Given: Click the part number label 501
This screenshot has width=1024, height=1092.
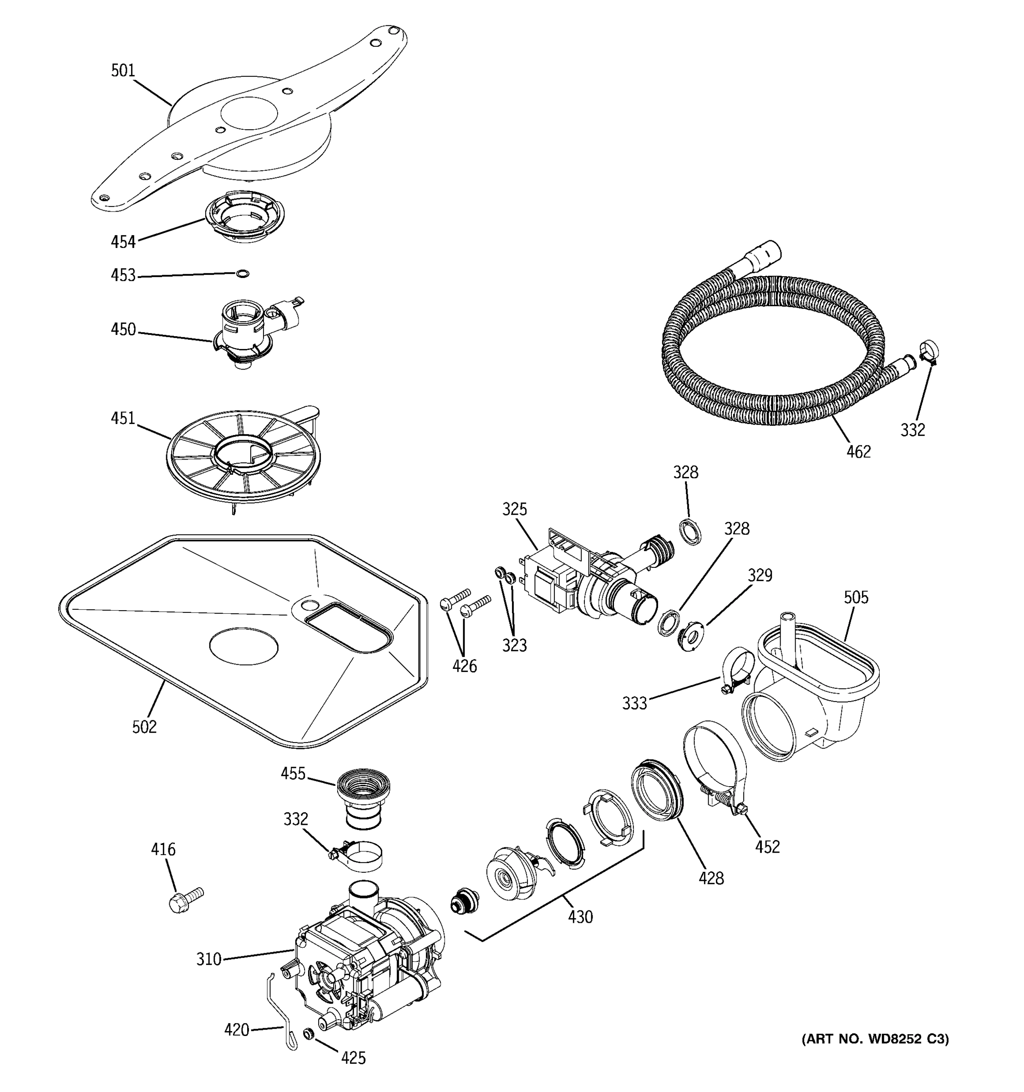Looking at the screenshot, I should pos(122,71).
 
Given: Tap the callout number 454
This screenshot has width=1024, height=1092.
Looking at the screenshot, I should pos(123,242).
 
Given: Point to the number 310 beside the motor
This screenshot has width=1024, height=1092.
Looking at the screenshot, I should pos(209,959).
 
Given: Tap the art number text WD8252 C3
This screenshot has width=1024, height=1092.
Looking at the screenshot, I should pos(875,1039).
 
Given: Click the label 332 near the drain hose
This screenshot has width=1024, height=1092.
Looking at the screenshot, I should pos(912,430).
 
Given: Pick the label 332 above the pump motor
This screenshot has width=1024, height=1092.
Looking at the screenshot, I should pos(295,819).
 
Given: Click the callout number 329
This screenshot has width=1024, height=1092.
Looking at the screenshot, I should pos(760,575).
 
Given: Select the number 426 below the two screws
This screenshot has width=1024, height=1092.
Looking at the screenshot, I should pos(464,666).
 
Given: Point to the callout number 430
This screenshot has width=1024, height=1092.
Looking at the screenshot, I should pos(580,917).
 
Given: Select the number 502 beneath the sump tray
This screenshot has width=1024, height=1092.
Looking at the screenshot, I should pos(144,727).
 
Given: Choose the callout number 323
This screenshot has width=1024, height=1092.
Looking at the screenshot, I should pos(514,646).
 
